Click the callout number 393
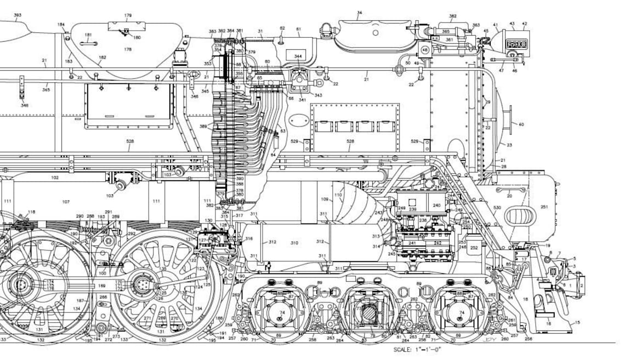pyautogui.click(x=18, y=16)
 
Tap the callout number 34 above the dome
pyautogui.click(x=359, y=12)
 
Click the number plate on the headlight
pyautogui.click(x=516, y=44)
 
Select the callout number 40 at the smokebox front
pyautogui.click(x=521, y=124)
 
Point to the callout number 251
pyautogui.click(x=544, y=207)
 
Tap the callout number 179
pyautogui.click(x=128, y=15)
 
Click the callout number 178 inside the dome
pyautogui.click(x=128, y=49)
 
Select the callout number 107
pyautogui.click(x=65, y=202)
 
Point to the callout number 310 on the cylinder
pyautogui.click(x=294, y=242)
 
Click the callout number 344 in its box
pyautogui.click(x=298, y=56)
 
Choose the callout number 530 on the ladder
pyautogui.click(x=497, y=208)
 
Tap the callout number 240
pyautogui.click(x=436, y=205)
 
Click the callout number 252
pyautogui.click(x=474, y=248)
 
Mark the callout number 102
pyautogui.click(x=55, y=178)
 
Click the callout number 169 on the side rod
pyautogui.click(x=101, y=285)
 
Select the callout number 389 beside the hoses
pyautogui.click(x=203, y=127)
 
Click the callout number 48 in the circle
pyautogui.click(x=425, y=49)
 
